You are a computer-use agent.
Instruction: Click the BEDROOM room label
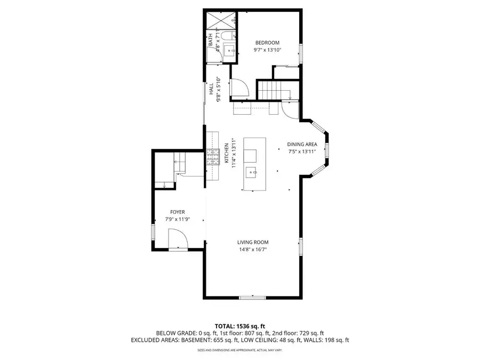point(267,43)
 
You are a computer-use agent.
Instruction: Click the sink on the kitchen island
point(251,172)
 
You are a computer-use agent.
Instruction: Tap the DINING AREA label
point(302,144)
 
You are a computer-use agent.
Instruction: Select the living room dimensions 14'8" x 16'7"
point(253,249)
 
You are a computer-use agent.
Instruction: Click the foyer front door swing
point(178,238)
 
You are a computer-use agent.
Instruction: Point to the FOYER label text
point(177,212)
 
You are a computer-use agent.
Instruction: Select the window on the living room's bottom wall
point(249,298)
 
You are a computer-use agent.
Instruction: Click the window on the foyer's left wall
point(153,233)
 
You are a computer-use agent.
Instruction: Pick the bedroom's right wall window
point(301,53)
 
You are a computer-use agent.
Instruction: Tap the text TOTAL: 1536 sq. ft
point(239,325)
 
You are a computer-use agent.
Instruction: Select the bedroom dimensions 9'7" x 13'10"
point(267,50)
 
